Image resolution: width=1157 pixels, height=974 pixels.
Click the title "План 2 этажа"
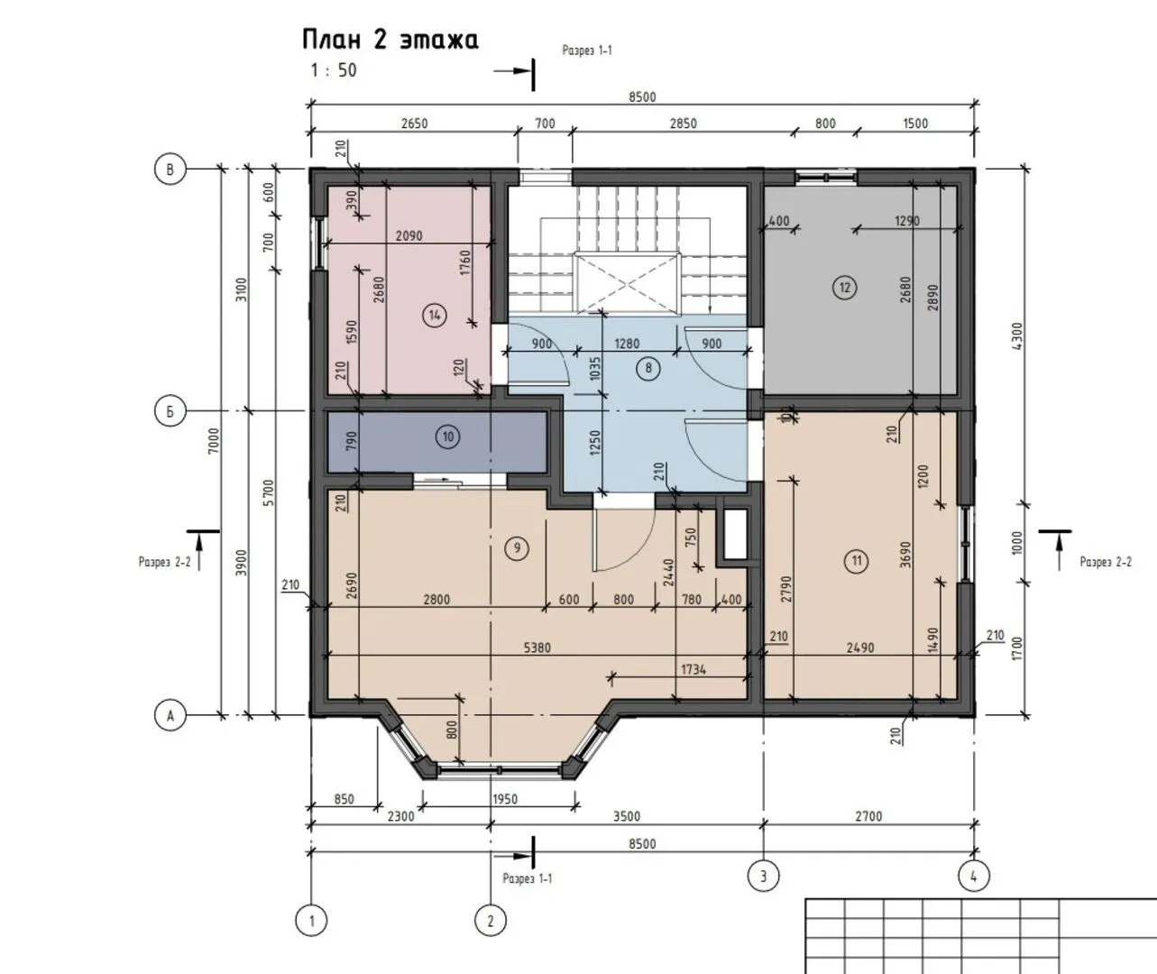(x=390, y=40)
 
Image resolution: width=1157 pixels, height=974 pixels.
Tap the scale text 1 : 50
(x=333, y=70)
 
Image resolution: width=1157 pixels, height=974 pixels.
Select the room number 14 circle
(x=435, y=316)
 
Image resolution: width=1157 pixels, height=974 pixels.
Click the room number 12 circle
(x=844, y=288)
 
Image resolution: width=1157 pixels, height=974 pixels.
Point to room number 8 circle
(x=648, y=368)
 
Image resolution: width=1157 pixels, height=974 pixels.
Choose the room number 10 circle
(x=447, y=436)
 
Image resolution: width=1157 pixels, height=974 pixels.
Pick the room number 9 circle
(x=517, y=548)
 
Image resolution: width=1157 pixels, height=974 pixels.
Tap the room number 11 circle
(x=857, y=561)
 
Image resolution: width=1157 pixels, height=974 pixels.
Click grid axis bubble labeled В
(x=170, y=169)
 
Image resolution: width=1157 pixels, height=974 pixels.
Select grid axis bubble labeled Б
(x=170, y=410)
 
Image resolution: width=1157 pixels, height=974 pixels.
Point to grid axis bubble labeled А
(x=170, y=716)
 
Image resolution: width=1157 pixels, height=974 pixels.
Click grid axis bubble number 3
(x=764, y=877)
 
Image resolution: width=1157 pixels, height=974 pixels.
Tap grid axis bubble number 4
(x=974, y=877)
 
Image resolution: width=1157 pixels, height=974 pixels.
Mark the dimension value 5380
(x=537, y=648)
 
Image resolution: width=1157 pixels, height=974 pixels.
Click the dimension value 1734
(x=693, y=670)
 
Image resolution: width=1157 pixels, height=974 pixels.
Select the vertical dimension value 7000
(x=214, y=441)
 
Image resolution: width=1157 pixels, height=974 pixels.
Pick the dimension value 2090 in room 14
(x=409, y=236)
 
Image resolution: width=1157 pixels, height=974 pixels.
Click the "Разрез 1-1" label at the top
(x=587, y=51)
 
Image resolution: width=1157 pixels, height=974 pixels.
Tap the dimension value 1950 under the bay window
(x=505, y=799)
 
